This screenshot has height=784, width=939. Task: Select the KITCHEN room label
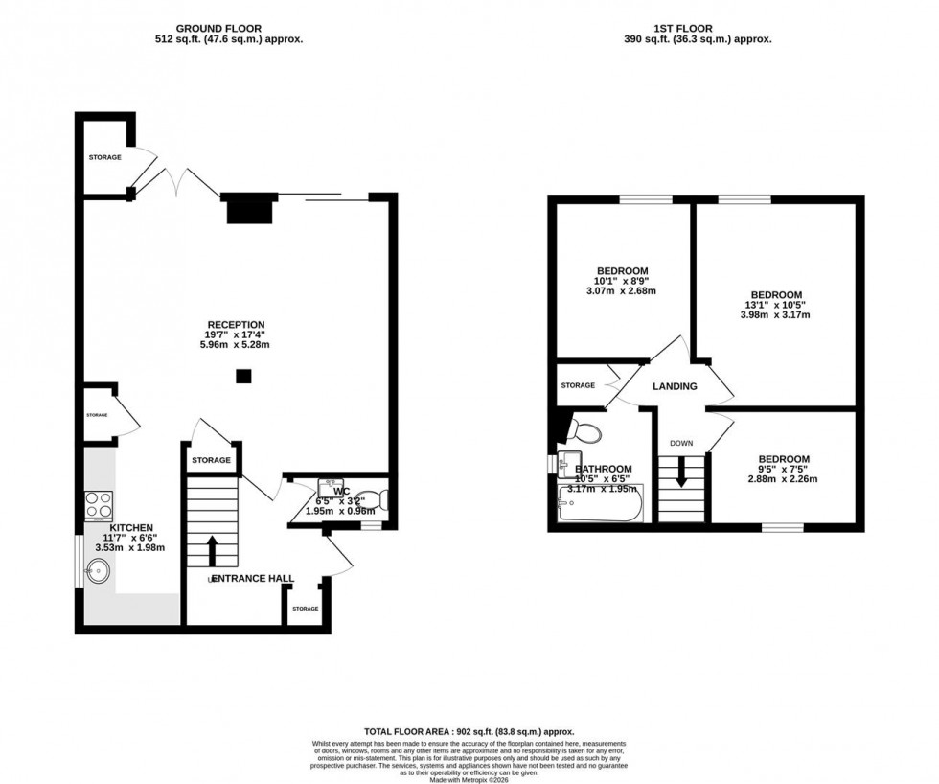[131, 528]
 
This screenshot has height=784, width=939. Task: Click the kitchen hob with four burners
[101, 503]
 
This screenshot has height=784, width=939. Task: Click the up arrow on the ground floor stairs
[211, 550]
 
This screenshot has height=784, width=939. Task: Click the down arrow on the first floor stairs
[681, 473]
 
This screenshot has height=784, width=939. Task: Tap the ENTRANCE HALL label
[252, 579]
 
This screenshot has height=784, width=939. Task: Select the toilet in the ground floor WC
[378, 499]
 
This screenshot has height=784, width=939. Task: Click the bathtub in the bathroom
[600, 502]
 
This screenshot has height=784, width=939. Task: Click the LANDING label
[675, 386]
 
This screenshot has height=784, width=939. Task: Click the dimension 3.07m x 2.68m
[622, 290]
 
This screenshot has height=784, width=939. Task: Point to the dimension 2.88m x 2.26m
[783, 479]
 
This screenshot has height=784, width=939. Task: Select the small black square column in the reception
[243, 377]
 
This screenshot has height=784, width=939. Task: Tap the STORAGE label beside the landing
[578, 385]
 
